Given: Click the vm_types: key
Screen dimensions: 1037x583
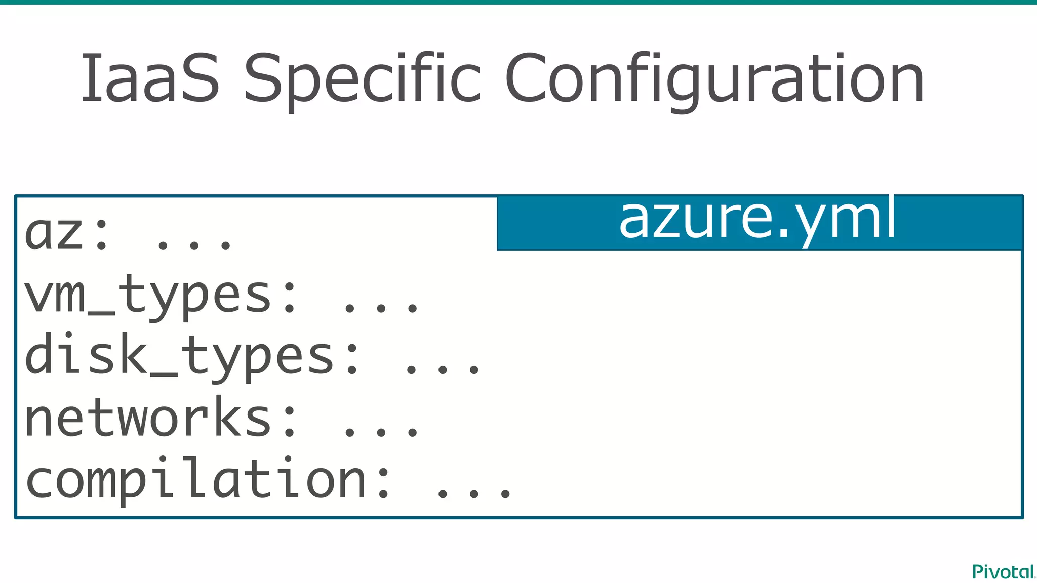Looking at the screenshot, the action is point(160,296).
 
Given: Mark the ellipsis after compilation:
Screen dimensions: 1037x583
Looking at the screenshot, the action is point(474,493).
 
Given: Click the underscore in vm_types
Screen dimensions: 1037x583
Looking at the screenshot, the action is point(101,313).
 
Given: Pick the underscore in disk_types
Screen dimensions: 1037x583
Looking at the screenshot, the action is point(164,375).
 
